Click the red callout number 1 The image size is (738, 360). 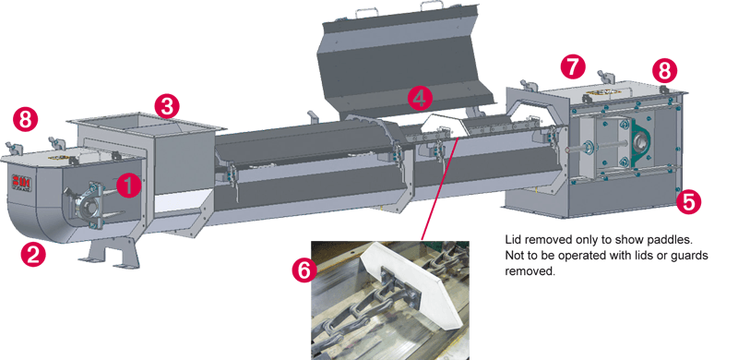(x=130, y=185)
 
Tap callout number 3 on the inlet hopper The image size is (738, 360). (x=165, y=104)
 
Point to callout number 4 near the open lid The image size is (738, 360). (x=420, y=96)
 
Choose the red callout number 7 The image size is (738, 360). (x=573, y=66)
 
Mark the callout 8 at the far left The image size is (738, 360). (x=27, y=118)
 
